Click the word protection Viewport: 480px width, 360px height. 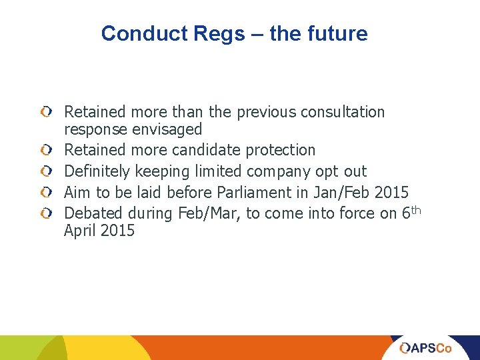[281, 150]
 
